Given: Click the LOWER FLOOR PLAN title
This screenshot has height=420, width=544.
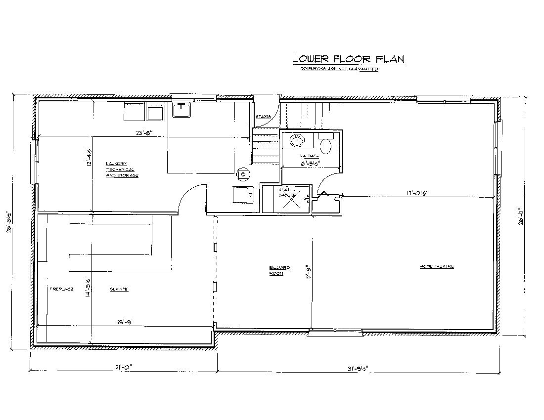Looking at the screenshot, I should click(x=349, y=59).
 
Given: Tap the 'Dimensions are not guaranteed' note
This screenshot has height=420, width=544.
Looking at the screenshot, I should click(x=339, y=69).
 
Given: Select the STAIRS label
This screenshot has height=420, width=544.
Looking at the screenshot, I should click(x=263, y=117).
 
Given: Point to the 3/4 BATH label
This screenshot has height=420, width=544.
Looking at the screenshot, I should click(x=306, y=156).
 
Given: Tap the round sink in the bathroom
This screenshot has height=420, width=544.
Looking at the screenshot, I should click(x=298, y=141).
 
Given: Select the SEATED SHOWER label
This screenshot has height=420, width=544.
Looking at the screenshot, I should click(x=287, y=192).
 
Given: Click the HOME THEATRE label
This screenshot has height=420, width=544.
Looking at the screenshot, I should click(x=437, y=266).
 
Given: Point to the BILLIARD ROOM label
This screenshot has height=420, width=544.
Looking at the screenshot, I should click(x=279, y=270).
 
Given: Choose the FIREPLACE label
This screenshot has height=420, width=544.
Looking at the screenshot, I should click(x=61, y=289).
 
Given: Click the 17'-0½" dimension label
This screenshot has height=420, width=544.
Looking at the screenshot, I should click(x=414, y=193).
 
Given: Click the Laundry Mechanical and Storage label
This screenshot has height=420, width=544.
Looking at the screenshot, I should click(x=122, y=169).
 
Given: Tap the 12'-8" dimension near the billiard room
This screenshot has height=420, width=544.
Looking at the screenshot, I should click(x=308, y=273).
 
